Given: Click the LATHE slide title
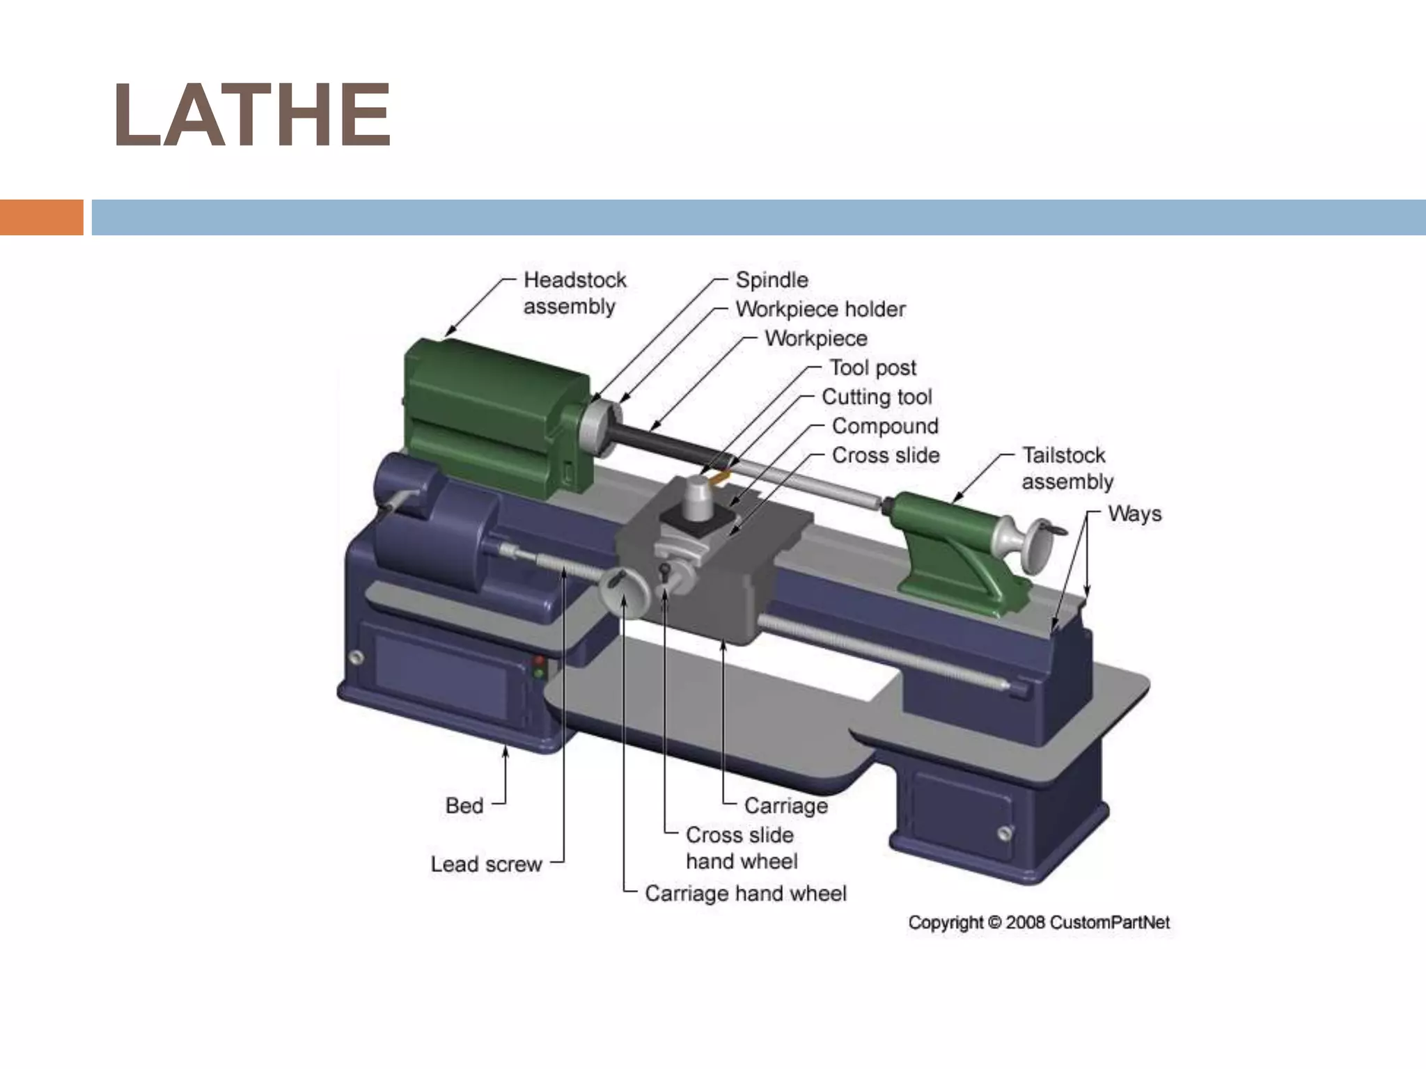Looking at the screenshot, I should [x=252, y=116].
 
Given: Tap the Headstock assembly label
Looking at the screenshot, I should [x=574, y=293].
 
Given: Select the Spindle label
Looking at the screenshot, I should [x=771, y=280].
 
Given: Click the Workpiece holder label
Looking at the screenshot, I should [x=820, y=310].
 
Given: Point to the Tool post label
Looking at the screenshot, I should [x=872, y=368].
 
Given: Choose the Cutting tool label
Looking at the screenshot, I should [x=876, y=397].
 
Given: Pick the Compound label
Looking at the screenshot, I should [x=884, y=427].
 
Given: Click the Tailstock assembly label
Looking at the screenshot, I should [x=1066, y=468].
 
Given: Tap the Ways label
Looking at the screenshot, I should [x=1134, y=514].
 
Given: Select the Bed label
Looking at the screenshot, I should [x=464, y=806].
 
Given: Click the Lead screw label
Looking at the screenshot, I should [x=485, y=864].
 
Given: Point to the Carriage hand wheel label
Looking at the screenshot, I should [x=745, y=894].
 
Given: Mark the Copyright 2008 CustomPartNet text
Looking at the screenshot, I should [x=1038, y=923].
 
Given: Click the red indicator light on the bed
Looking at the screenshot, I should [x=538, y=659].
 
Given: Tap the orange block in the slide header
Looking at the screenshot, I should [x=41, y=217].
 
